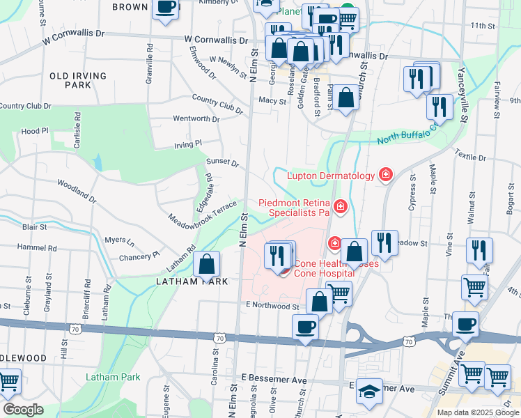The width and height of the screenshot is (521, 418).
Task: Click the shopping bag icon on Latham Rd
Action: click(x=207, y=265)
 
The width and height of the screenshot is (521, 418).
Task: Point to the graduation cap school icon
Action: click(x=370, y=393)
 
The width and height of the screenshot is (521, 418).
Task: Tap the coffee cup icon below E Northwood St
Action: click(x=304, y=327)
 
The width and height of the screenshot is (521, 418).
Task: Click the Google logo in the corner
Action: click(x=23, y=409)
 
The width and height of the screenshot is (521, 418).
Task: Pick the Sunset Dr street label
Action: click(x=222, y=162)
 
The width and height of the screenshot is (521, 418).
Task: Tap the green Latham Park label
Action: click(x=112, y=377)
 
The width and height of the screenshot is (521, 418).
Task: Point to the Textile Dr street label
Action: click(x=470, y=154)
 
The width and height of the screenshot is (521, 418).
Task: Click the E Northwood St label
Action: click(x=272, y=306)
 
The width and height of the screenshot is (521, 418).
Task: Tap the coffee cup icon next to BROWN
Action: click(x=166, y=7)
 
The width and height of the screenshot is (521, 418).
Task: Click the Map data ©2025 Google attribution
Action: click(x=477, y=412)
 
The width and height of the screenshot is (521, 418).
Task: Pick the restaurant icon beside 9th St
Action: click(x=440, y=108)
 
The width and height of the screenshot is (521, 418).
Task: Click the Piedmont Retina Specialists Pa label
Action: click(x=293, y=208)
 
